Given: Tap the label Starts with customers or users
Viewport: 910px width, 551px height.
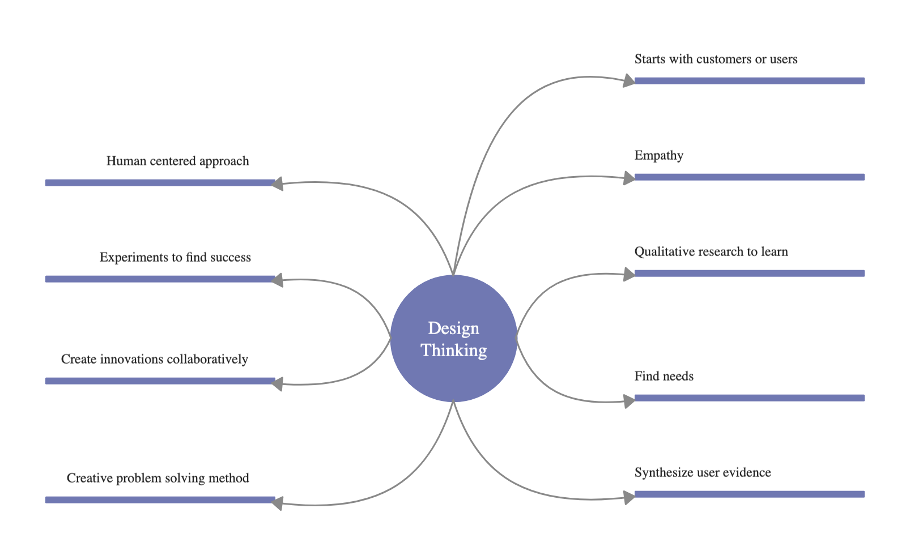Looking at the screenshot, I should (716, 59).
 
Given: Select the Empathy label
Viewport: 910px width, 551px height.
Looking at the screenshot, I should (658, 155).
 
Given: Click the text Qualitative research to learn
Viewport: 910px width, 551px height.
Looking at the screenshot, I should (711, 251).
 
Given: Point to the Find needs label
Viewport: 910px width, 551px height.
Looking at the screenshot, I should (664, 376).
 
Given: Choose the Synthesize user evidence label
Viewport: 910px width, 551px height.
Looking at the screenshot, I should (702, 472).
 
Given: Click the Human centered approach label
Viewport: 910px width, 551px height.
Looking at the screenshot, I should (177, 161).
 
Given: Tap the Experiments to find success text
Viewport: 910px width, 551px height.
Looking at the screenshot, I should (175, 257).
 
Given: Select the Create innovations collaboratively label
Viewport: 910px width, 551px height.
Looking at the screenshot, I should (154, 359).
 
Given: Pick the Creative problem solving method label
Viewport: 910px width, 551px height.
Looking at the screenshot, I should (158, 478).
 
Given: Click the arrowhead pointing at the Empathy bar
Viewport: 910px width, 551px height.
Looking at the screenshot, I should (629, 178).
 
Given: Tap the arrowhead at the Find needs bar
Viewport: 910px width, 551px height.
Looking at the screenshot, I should (629, 401).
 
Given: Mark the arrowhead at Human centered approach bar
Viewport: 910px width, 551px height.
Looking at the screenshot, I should (277, 183).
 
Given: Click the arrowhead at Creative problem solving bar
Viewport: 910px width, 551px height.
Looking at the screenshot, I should (277, 503).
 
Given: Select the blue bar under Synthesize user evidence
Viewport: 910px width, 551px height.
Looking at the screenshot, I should (749, 494).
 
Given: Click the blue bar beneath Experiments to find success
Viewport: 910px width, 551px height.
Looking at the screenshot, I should (160, 279).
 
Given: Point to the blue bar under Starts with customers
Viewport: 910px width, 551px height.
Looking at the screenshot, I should (749, 80).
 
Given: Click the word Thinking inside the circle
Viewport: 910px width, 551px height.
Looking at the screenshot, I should (453, 351).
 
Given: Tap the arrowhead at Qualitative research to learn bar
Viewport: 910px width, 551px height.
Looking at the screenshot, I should (629, 275).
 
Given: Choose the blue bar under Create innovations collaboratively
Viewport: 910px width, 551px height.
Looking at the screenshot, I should (160, 381).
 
